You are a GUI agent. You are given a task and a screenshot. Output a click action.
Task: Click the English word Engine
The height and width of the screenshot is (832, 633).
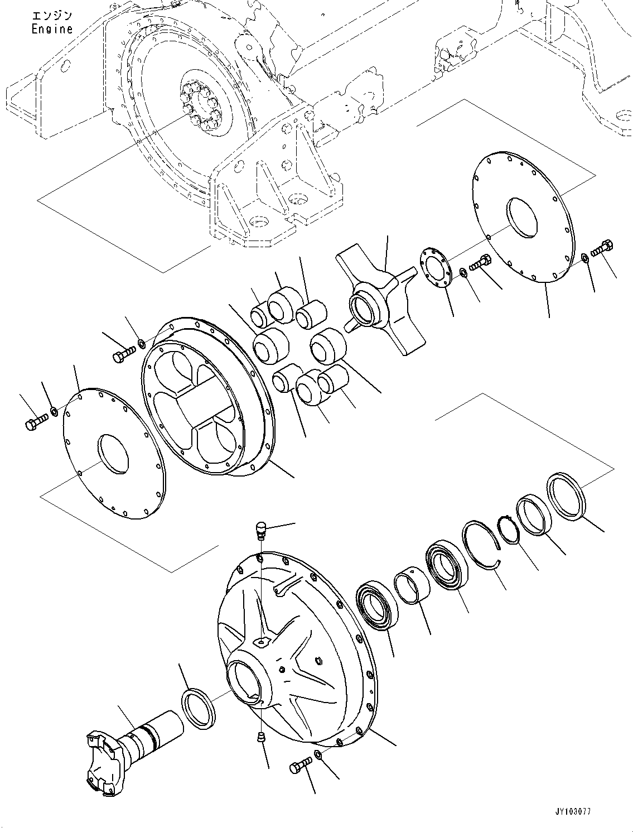52,30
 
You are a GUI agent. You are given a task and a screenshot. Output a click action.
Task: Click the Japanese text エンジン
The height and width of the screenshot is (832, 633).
51,16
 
